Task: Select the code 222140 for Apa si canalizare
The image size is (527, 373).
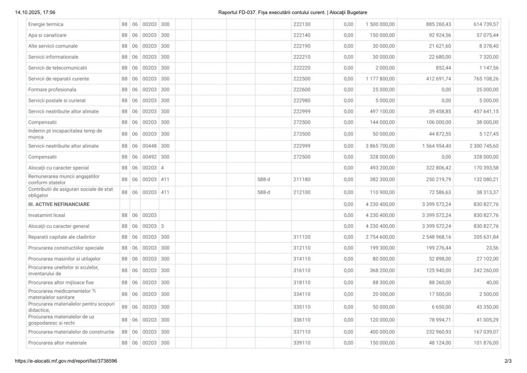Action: (x=302, y=35)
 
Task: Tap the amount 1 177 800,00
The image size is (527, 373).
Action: (x=380, y=79)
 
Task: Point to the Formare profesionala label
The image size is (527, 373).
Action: (x=52, y=90)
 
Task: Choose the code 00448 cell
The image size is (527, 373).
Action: (x=149, y=146)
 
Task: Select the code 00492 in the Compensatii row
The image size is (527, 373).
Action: (x=149, y=157)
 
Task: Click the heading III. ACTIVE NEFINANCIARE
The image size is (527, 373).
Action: (x=59, y=205)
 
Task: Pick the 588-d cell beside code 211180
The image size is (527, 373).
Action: (x=263, y=179)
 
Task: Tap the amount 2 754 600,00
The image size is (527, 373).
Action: (x=380, y=237)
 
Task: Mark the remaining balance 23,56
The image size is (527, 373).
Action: (x=491, y=248)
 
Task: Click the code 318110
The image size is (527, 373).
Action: (x=302, y=282)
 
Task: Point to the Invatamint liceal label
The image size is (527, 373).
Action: (x=47, y=215)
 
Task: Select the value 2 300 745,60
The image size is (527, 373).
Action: (x=484, y=146)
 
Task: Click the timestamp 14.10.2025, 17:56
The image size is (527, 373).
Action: (x=36, y=12)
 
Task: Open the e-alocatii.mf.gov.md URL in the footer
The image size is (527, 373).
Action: (x=66, y=361)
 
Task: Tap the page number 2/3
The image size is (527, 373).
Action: (x=508, y=361)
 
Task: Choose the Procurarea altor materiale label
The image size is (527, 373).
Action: (x=58, y=343)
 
